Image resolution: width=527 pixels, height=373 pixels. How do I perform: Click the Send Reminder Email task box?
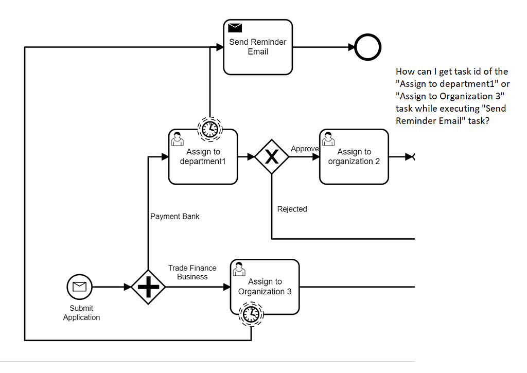click(258, 51)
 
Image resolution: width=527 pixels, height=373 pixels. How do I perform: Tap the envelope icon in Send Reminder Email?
click(235, 28)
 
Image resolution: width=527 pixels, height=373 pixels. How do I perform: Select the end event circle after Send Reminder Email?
click(368, 47)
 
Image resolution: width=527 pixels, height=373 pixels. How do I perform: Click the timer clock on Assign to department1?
click(209, 129)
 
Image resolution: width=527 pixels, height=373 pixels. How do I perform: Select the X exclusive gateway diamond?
click(272, 156)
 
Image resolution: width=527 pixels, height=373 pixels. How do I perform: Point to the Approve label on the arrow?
click(305, 149)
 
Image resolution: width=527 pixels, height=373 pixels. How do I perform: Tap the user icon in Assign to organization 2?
click(328, 139)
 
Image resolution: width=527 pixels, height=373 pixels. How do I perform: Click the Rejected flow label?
click(292, 209)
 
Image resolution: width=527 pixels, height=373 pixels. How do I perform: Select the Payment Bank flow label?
click(175, 216)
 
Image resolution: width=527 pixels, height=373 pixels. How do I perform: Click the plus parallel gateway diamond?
click(148, 287)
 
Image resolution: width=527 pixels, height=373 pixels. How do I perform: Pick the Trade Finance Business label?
click(192, 272)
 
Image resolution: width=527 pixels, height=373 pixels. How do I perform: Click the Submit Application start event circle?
click(80, 287)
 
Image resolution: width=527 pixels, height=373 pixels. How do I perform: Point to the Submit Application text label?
click(81, 313)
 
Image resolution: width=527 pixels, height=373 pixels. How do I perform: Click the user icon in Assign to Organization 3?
click(239, 269)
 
